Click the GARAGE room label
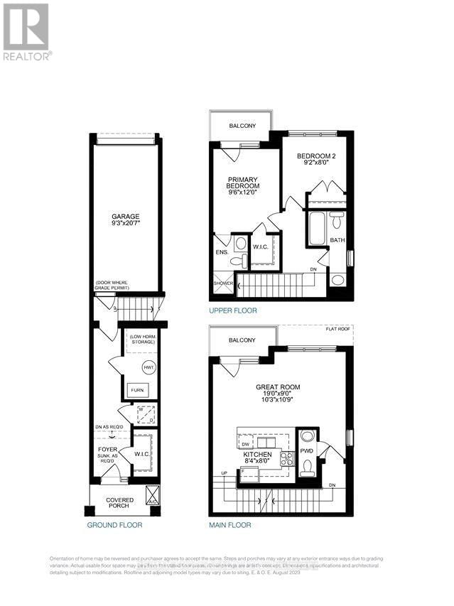click(124, 217)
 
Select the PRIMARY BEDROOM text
click(242, 183)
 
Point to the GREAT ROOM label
click(279, 387)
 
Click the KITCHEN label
click(259, 453)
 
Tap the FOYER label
click(107, 449)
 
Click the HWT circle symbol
click(148, 367)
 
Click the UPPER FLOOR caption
click(233, 311)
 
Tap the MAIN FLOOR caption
click(229, 526)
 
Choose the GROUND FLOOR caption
click(114, 526)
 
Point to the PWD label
click(307, 450)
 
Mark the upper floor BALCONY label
click(242, 126)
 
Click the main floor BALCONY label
click(242, 340)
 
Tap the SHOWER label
click(223, 283)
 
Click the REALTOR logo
click(26, 32)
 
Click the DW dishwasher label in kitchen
click(245, 444)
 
